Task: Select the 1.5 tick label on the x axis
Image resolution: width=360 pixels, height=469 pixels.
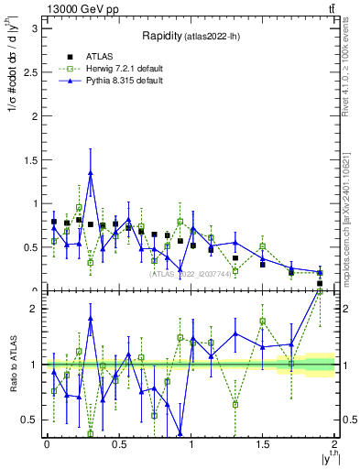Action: click(262, 446)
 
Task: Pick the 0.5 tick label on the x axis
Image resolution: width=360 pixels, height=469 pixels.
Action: click(118, 446)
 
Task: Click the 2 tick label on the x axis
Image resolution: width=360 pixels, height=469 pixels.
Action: click(334, 446)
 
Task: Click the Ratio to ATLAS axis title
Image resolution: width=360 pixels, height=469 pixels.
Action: click(13, 364)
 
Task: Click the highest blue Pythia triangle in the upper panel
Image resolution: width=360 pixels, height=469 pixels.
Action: click(91, 173)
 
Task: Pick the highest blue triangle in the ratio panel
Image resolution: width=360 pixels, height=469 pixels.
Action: click(91, 319)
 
